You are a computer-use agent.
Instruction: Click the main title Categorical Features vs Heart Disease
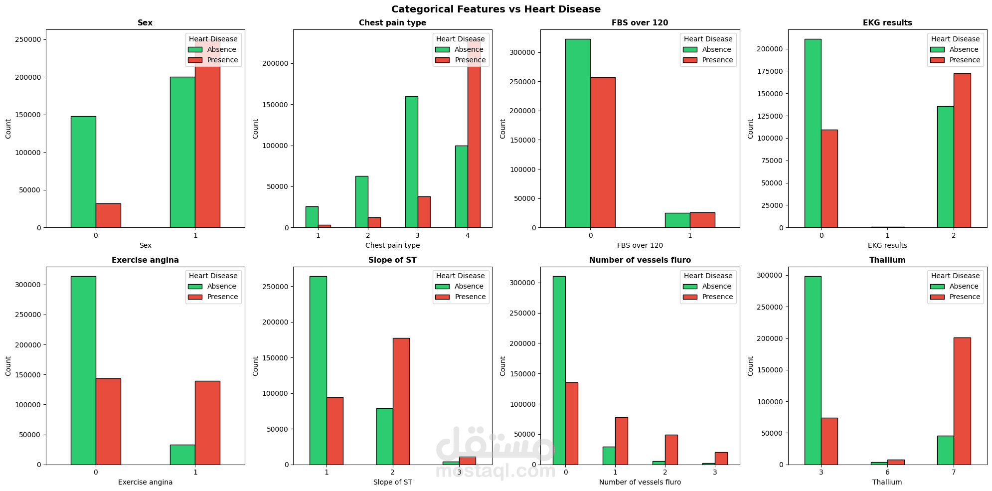point(496,9)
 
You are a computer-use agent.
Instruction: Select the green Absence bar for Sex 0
point(83,172)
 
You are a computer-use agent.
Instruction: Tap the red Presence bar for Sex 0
point(108,215)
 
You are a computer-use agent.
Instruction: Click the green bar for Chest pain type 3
point(411,162)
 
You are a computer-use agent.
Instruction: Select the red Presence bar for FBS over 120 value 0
point(603,153)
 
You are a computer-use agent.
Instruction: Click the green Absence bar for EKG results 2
point(945,167)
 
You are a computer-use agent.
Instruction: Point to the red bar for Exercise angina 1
point(207,423)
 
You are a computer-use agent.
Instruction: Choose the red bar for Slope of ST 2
point(401,401)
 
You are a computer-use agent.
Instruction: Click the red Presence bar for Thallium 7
point(962,401)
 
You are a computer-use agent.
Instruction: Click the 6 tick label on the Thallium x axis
point(887,472)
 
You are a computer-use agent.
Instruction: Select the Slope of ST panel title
point(392,260)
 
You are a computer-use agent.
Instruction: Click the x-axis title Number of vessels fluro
point(640,482)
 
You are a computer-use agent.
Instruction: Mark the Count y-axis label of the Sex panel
point(8,129)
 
